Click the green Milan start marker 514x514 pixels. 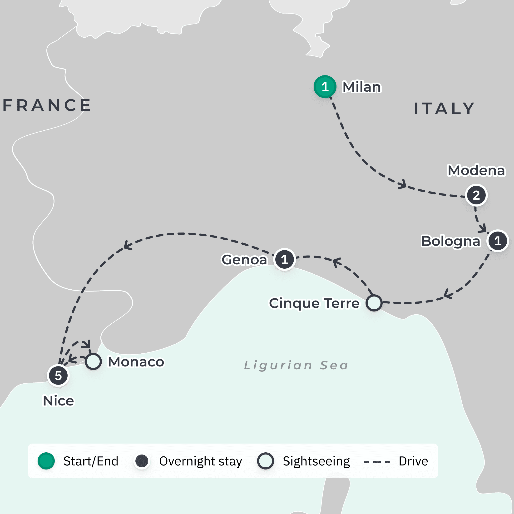325,87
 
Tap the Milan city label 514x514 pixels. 361,87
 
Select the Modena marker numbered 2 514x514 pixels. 476,195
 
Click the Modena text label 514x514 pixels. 476,171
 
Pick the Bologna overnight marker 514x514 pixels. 498,241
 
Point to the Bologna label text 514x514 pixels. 451,241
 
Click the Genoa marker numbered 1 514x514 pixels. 284,259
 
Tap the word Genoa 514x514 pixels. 244,260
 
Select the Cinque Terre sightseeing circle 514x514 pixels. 374,303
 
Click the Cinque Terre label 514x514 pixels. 314,303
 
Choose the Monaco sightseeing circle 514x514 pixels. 93,361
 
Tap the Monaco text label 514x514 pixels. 136,362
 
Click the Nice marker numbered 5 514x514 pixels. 58,376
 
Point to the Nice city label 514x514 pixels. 58,401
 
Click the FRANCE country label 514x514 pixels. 47,105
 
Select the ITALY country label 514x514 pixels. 445,109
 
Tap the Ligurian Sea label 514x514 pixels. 296,365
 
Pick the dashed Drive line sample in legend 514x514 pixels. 377,462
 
